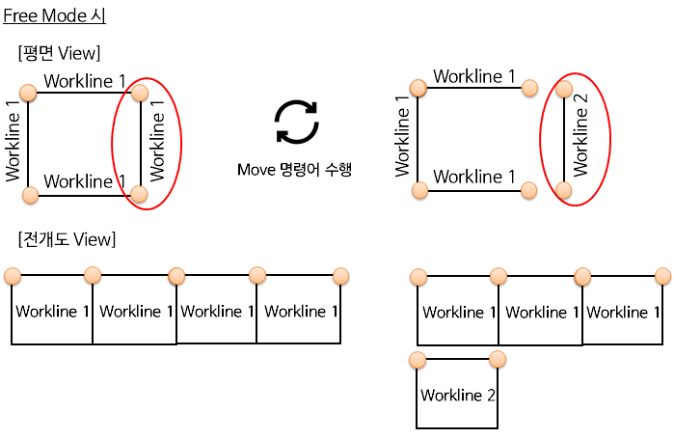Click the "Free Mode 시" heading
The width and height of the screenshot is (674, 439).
click(x=54, y=16)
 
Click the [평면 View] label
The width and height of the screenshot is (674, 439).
click(x=59, y=53)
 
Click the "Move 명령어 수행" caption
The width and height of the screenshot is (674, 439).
click(x=294, y=170)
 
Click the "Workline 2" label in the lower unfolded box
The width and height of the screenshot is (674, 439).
click(x=458, y=396)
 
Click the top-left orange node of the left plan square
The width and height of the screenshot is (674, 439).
click(x=28, y=93)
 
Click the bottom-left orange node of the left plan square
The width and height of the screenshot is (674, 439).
click(x=30, y=196)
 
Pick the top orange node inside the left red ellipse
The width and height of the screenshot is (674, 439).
click(x=140, y=93)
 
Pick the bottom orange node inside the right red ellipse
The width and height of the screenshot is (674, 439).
click(x=564, y=191)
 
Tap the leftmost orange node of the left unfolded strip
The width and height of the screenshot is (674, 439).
click(x=13, y=277)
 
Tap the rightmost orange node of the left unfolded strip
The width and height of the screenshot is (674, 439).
click(x=340, y=277)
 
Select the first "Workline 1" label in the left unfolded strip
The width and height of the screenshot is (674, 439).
click(x=53, y=312)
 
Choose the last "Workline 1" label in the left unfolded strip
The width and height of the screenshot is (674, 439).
click(x=301, y=312)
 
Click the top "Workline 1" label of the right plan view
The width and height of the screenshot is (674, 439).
click(x=473, y=76)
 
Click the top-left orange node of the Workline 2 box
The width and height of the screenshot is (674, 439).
click(x=418, y=360)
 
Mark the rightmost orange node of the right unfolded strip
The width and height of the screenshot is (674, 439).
click(x=663, y=277)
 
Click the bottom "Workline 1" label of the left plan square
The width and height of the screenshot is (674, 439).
click(x=85, y=181)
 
